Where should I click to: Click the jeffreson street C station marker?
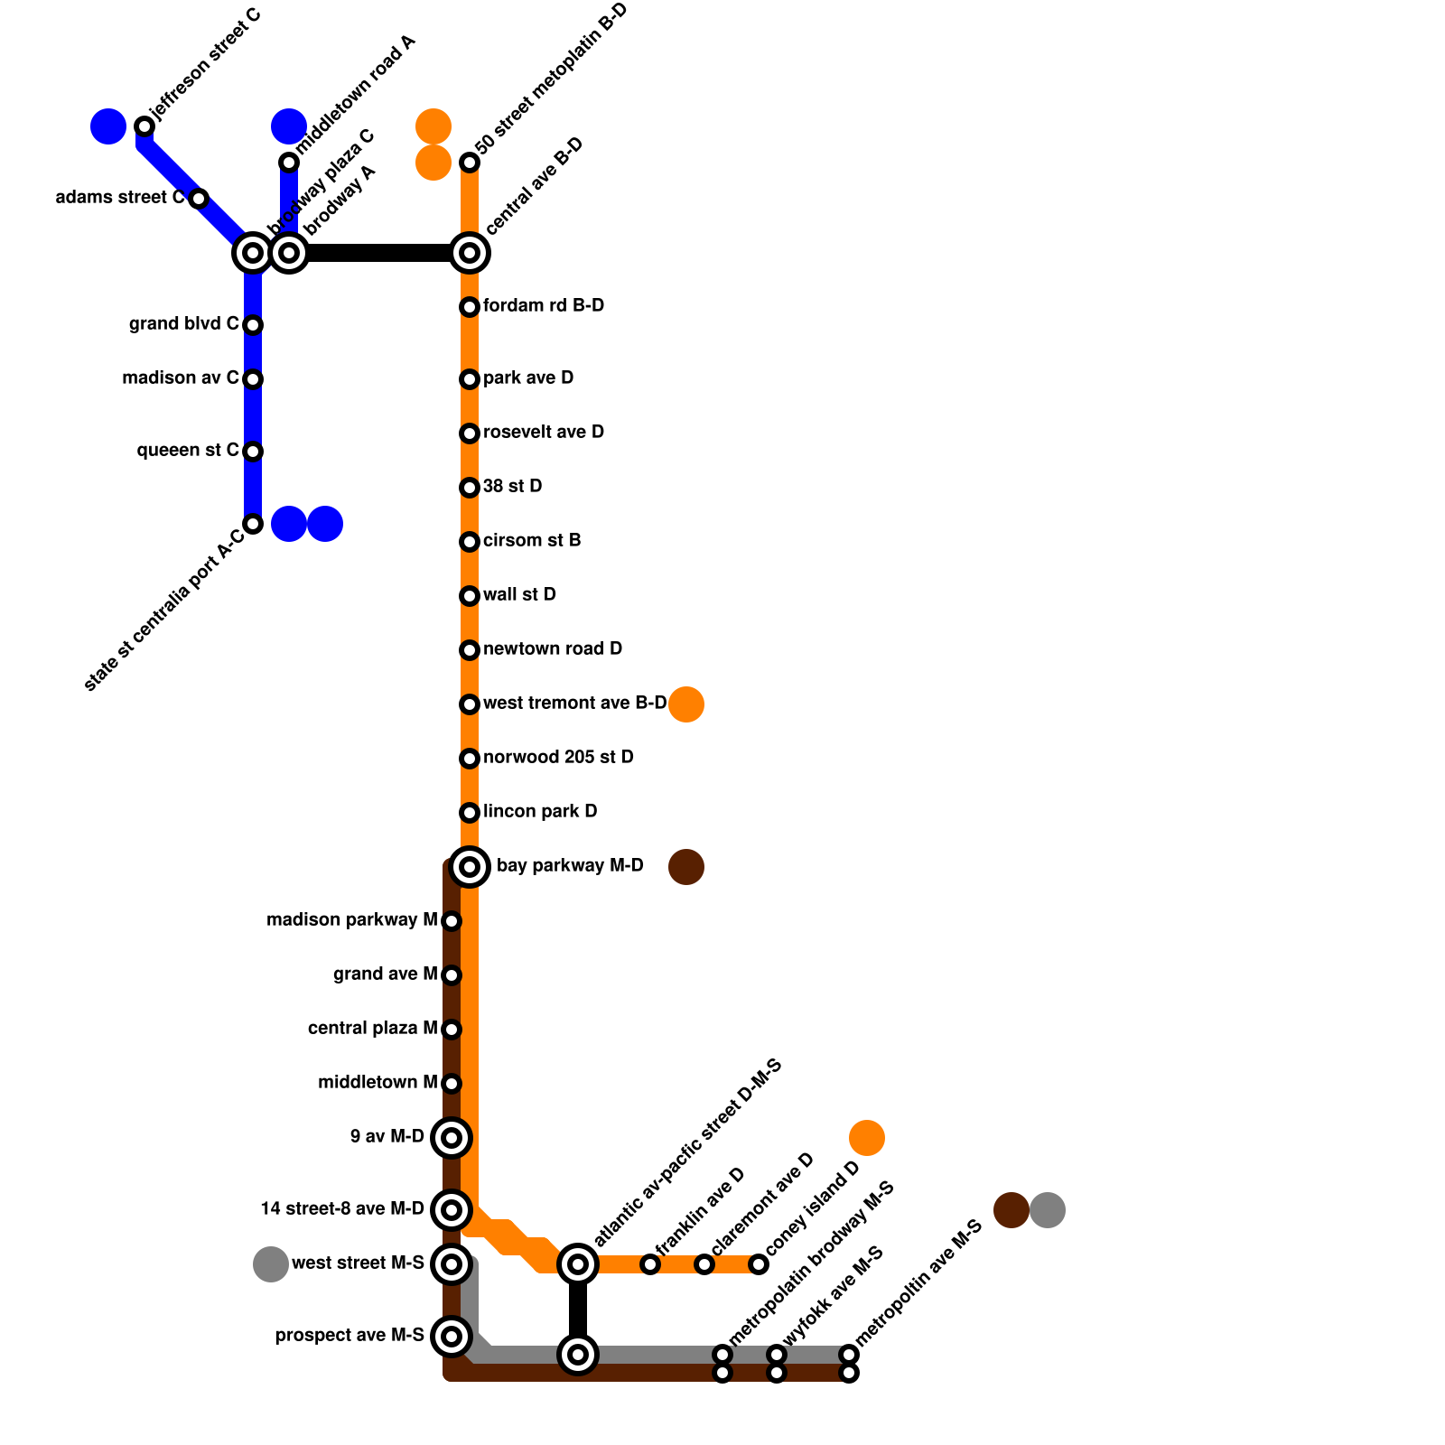click(144, 126)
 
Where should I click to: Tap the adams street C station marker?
click(199, 199)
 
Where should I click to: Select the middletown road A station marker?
click(289, 163)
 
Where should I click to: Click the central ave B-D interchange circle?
click(470, 253)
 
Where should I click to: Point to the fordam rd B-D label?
click(543, 306)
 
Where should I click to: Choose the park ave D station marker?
click(470, 379)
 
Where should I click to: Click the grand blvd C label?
click(183, 324)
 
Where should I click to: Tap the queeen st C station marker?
click(253, 452)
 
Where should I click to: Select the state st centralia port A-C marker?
click(253, 524)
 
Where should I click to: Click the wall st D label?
click(519, 595)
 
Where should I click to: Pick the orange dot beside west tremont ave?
click(686, 704)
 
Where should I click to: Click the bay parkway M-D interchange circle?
click(470, 867)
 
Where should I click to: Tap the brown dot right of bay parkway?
click(686, 867)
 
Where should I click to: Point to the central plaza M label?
click(372, 1029)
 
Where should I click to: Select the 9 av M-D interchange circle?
click(452, 1138)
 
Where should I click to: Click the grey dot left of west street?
click(271, 1264)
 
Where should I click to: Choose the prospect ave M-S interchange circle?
click(452, 1337)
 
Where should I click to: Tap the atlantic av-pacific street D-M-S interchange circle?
click(578, 1264)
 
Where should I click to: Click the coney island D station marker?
click(759, 1264)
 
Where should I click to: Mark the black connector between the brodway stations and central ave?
click(379, 253)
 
